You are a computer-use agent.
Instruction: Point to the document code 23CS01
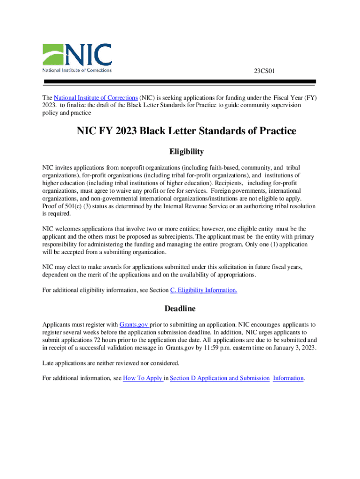[x=264, y=71]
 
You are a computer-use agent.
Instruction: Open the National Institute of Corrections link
[x=96, y=98]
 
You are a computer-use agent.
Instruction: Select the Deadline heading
[x=180, y=309]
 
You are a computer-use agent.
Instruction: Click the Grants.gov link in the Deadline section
[x=134, y=325]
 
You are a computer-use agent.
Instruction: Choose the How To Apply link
[x=143, y=378]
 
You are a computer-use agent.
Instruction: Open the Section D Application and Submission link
[x=220, y=378]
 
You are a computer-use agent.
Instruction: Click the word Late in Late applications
[x=48, y=363]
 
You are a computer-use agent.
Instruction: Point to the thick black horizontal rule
[x=180, y=81]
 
